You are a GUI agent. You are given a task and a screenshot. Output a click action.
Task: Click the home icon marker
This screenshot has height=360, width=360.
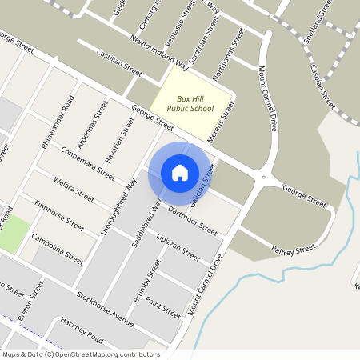coord(180,172)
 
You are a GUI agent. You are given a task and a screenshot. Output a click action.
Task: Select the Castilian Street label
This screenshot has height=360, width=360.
coord(118,62)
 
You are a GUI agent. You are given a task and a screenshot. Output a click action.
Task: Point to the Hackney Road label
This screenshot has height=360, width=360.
coord(81,330)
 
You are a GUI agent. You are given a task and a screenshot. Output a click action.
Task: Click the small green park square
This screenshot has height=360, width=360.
coord(12,232)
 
